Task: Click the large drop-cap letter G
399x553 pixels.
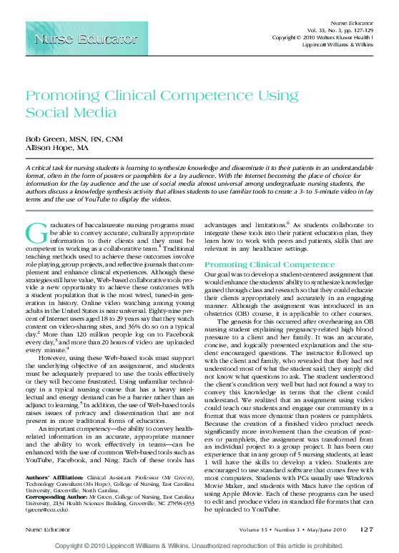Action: click(34, 234)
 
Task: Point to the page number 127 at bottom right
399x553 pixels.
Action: click(367, 529)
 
